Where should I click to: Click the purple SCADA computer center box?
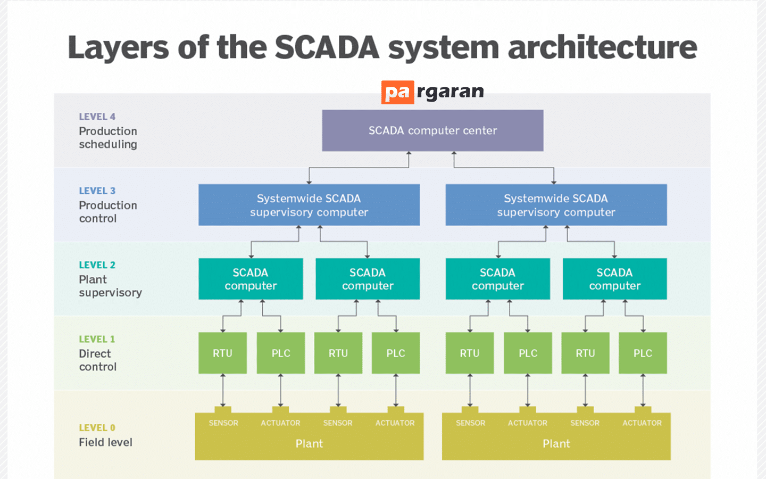click(x=432, y=130)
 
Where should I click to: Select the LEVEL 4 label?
click(x=97, y=117)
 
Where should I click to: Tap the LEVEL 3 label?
click(x=97, y=191)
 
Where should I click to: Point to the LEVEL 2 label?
click(x=97, y=265)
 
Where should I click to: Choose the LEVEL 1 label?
click(x=97, y=339)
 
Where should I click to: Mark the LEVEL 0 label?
click(x=97, y=428)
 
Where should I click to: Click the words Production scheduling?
click(x=108, y=138)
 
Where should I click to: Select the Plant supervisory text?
click(x=110, y=286)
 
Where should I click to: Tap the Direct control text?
click(x=97, y=360)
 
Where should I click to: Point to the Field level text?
click(x=105, y=442)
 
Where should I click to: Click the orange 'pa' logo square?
click(x=397, y=93)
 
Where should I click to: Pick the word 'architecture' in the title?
click(x=602, y=47)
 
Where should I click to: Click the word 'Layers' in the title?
click(x=119, y=47)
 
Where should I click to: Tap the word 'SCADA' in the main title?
click(x=327, y=47)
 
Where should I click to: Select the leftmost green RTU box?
click(x=222, y=353)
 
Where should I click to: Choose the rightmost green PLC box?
click(x=643, y=353)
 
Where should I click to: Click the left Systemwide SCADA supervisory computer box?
click(x=309, y=205)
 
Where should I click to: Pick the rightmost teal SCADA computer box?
click(x=614, y=279)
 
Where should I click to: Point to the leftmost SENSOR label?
click(x=223, y=423)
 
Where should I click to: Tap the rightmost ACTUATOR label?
click(x=642, y=423)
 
